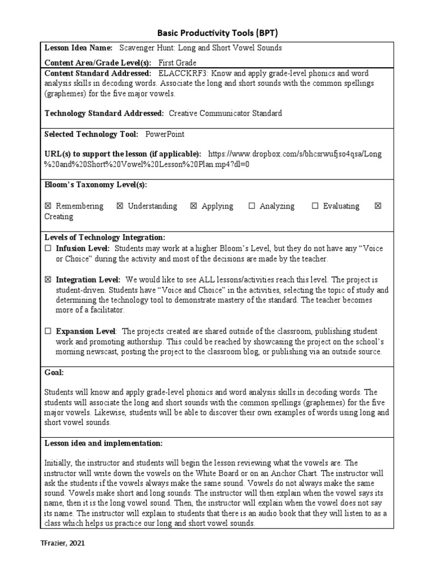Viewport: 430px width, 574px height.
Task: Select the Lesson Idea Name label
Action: coord(78,48)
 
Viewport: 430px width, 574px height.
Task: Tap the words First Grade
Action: coord(177,63)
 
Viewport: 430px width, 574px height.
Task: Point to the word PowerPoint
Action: coord(165,134)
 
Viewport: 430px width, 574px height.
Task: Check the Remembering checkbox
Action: coord(48,206)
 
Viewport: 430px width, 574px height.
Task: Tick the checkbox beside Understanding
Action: coord(120,206)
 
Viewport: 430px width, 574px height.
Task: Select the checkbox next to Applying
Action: coord(194,206)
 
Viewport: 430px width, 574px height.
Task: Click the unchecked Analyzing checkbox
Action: coord(251,206)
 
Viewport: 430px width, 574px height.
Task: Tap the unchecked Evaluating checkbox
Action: coord(315,206)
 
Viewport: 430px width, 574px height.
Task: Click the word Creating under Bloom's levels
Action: coord(59,216)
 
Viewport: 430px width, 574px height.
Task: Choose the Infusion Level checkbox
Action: coord(48,248)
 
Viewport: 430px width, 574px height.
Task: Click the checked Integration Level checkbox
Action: coord(48,280)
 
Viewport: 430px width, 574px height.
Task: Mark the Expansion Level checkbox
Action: coord(48,331)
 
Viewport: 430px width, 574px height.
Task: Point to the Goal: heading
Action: coord(54,372)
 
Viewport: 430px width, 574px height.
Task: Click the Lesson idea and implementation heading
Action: coord(104,443)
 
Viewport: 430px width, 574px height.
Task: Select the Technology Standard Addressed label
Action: coord(104,113)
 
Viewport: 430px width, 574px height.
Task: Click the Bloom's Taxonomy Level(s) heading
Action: coord(96,185)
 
